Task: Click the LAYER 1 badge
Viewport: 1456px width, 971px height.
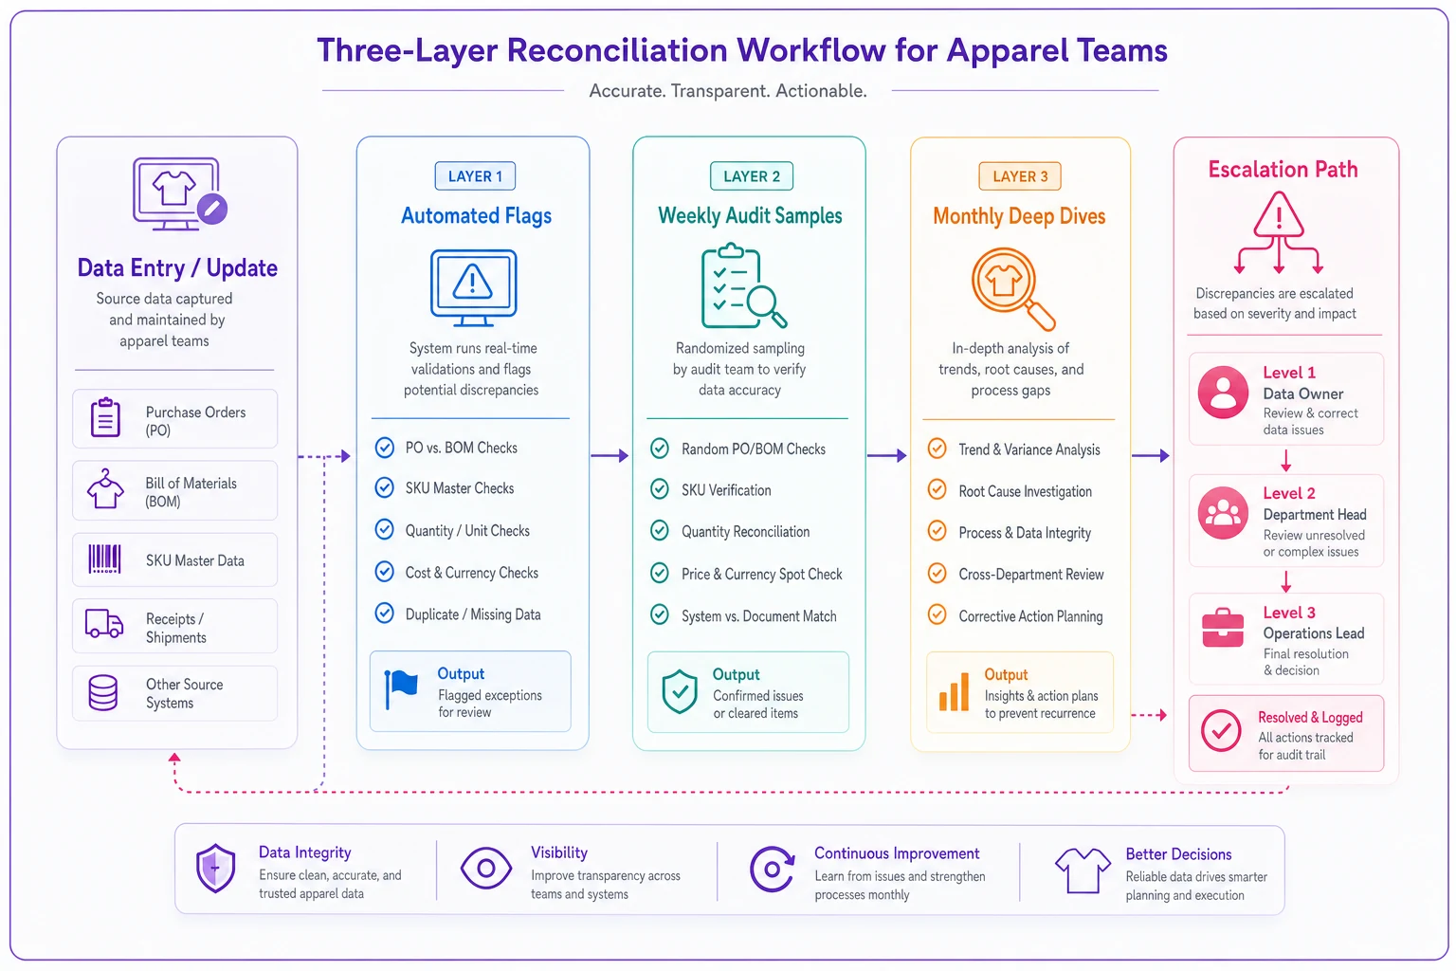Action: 475,175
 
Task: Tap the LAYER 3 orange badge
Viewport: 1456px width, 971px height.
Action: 1020,176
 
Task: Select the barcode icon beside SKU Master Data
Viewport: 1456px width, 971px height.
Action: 104,559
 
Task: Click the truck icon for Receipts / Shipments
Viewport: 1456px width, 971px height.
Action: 104,623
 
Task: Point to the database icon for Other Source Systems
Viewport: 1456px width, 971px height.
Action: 103,692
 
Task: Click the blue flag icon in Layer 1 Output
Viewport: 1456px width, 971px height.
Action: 401,689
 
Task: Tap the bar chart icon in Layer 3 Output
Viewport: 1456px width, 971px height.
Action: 955,691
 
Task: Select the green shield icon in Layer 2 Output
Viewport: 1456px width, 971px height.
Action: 680,691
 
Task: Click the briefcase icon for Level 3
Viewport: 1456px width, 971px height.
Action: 1223,629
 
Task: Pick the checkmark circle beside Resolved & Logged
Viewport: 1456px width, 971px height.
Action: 1221,730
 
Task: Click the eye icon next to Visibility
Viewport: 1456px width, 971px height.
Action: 486,868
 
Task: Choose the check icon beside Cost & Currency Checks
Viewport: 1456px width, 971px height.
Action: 385,572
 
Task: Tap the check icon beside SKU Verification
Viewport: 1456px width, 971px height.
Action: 660,489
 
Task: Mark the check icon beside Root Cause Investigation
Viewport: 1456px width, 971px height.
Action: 937,489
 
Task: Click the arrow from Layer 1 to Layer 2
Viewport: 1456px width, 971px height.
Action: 610,455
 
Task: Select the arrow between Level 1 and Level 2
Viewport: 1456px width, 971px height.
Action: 1285,461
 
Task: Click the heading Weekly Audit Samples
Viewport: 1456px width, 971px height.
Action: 750,215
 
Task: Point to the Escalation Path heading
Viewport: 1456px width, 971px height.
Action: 1283,169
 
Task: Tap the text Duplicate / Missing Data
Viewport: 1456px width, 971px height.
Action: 473,614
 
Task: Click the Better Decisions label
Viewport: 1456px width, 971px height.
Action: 1178,854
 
